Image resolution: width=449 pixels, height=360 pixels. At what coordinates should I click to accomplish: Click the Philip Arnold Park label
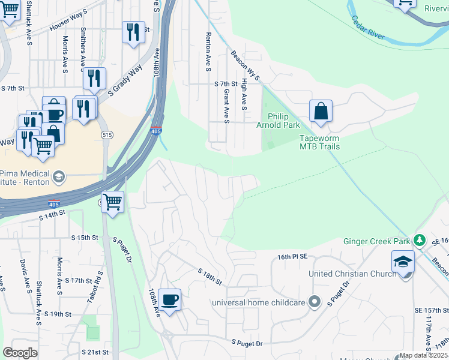tap(283, 121)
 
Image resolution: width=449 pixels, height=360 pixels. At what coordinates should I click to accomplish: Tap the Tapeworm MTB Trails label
tap(319, 142)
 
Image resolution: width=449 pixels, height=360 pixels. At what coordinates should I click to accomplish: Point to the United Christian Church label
tap(352, 274)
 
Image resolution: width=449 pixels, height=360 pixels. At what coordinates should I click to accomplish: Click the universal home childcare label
tap(260, 302)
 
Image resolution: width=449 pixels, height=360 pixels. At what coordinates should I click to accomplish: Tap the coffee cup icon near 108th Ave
tap(170, 299)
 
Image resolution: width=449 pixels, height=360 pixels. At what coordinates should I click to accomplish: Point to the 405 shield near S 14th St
tap(54, 204)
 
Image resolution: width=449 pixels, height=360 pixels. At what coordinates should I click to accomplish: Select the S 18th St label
tap(210, 277)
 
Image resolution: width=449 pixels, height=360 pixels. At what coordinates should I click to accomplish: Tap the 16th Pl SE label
tap(292, 256)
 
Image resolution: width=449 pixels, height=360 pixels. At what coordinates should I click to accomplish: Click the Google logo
tap(20, 353)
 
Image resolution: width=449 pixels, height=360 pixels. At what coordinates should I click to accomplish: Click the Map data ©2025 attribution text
tap(424, 355)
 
